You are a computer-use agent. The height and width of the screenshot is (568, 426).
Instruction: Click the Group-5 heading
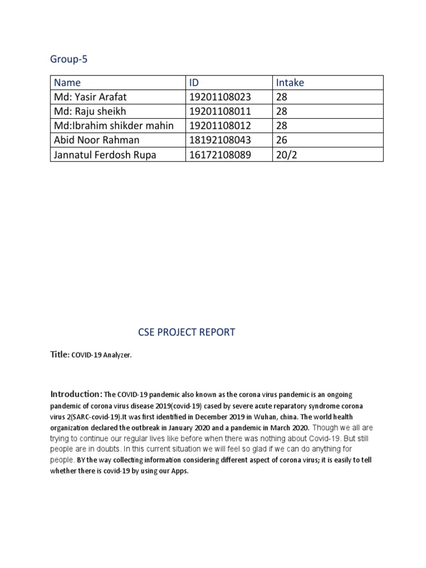69,60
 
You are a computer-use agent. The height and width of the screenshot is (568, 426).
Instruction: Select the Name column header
67,83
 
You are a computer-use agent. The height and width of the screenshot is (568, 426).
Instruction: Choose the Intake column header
290,83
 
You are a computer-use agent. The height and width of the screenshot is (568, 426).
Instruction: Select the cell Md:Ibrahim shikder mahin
113,126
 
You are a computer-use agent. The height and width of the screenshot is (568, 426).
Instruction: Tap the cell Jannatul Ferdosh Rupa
104,155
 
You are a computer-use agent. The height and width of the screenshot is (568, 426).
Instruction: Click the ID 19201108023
220,97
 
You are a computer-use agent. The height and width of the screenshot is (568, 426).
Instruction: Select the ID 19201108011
220,111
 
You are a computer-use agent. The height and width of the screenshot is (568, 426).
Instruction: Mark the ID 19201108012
220,126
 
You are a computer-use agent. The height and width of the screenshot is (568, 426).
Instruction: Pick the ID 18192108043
220,140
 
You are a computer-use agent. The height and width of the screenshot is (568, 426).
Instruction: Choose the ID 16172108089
220,155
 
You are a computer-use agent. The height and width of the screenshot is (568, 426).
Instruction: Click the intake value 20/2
286,155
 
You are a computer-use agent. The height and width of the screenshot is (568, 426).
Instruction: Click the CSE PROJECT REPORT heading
186,332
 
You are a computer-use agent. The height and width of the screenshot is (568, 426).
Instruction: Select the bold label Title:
60,354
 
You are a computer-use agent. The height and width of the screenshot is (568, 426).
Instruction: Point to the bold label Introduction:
76,394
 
